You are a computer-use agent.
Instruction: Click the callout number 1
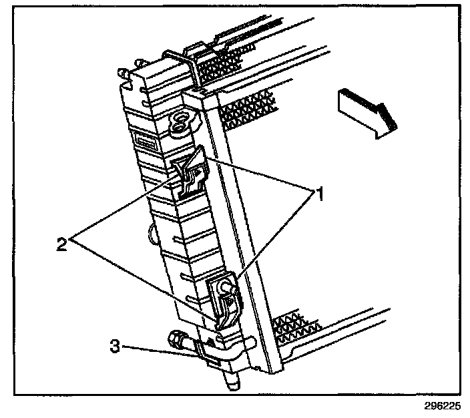click(319, 195)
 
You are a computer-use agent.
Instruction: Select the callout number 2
click(61, 243)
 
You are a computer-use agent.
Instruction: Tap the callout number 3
click(115, 347)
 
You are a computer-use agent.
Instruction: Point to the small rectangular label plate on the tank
click(146, 142)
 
